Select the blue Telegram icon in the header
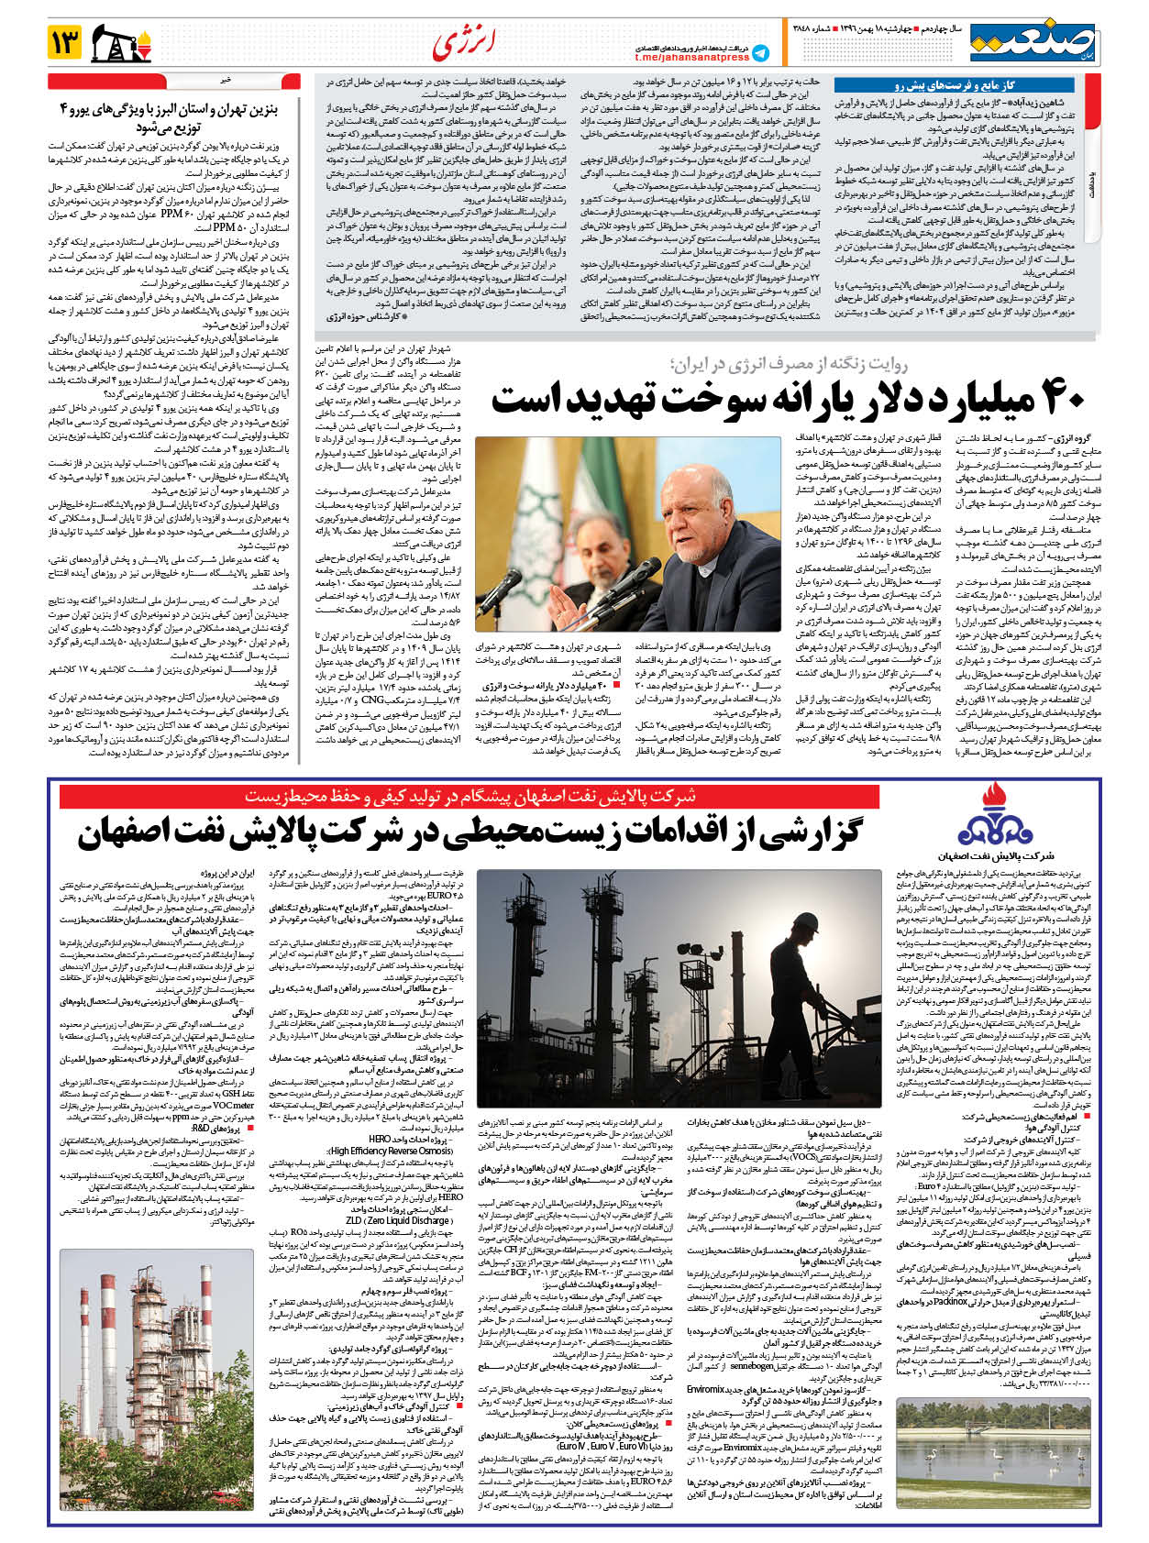coord(760,52)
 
